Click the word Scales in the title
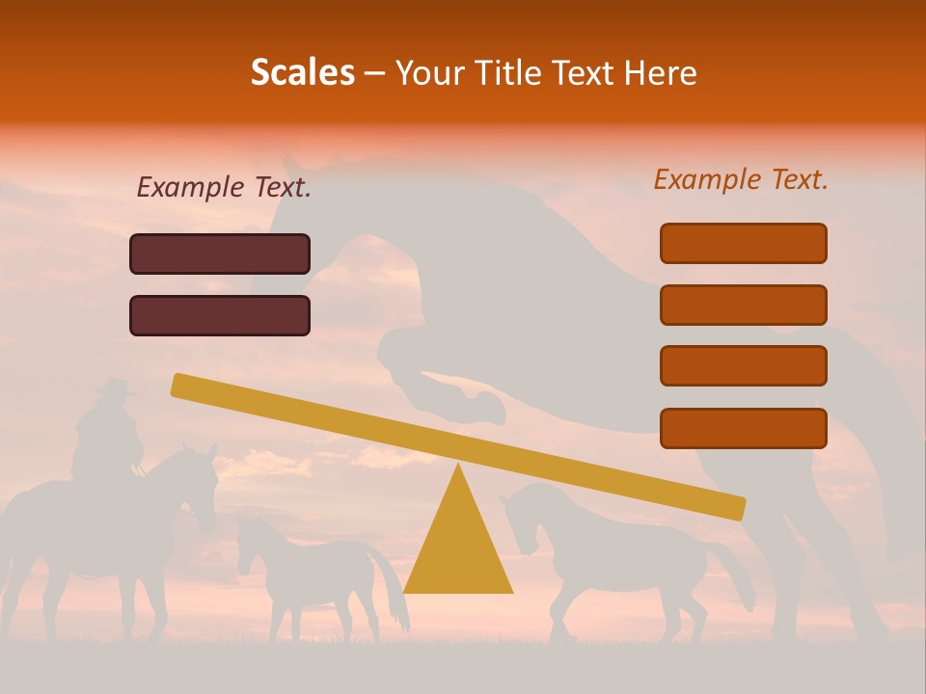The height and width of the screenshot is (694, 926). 302,72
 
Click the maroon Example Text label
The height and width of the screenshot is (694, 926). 224,187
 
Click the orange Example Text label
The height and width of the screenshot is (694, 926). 741,179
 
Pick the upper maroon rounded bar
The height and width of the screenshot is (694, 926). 220,254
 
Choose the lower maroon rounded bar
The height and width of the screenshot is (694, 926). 220,315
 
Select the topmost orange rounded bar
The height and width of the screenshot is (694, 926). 743,243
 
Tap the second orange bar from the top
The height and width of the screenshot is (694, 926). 743,305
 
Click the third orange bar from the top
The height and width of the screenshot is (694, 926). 743,366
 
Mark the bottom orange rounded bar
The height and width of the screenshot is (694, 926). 743,428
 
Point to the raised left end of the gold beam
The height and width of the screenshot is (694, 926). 183,386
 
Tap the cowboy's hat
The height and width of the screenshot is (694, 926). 115,387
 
